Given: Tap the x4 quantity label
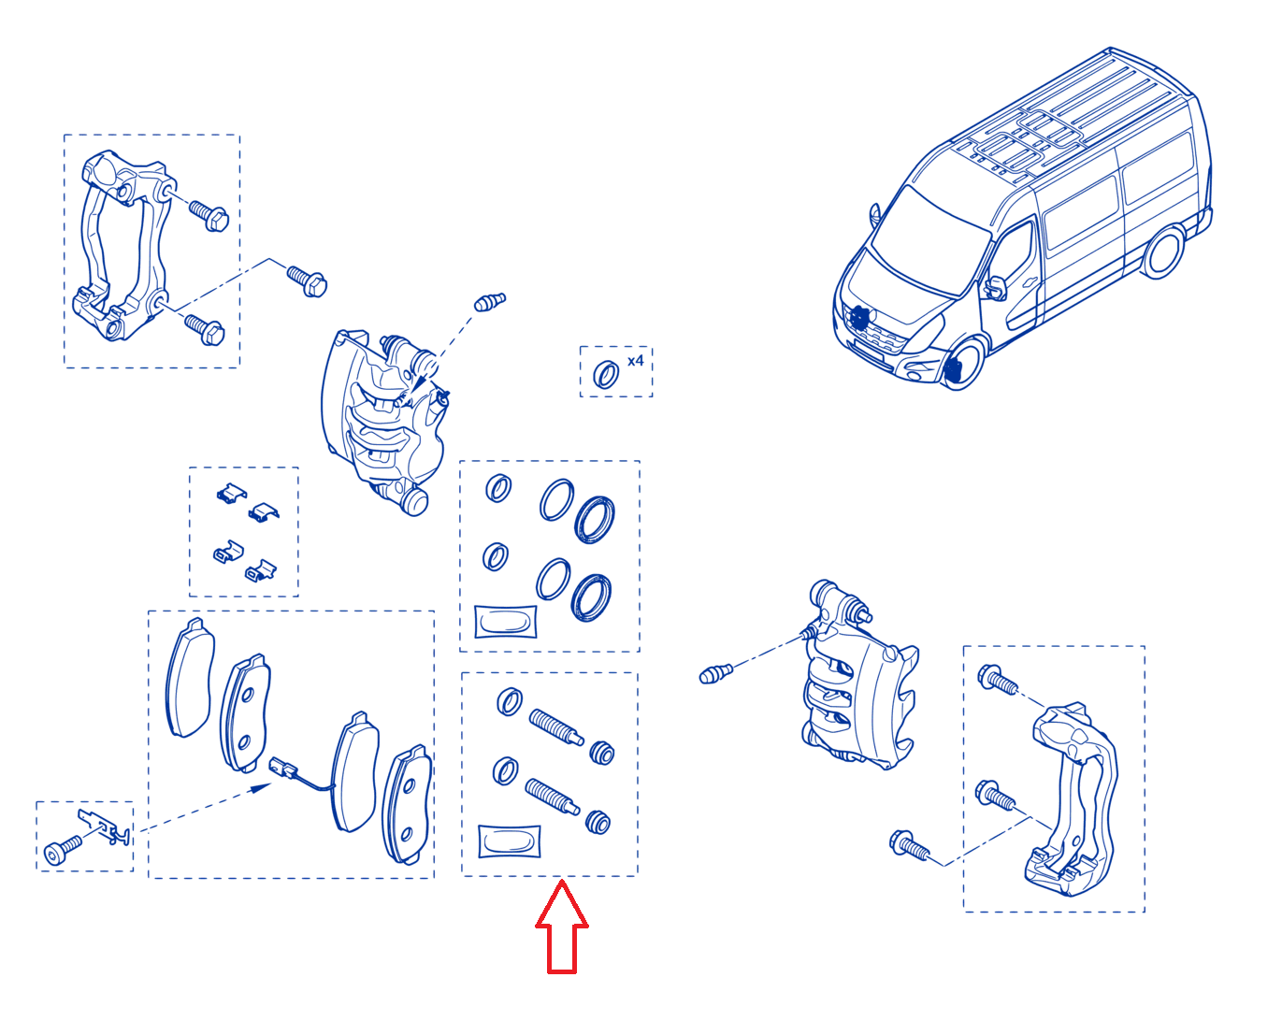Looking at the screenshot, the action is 635,361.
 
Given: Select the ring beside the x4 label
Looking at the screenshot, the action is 606,375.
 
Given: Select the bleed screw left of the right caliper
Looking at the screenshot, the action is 715,674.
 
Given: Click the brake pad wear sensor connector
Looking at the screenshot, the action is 281,768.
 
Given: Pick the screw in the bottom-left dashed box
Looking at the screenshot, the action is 63,849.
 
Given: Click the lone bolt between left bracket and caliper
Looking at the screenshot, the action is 307,281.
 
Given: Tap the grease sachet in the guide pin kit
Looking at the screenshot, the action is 510,841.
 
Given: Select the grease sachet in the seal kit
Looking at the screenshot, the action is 505,622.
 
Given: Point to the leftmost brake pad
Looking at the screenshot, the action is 190,677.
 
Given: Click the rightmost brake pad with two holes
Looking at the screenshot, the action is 408,804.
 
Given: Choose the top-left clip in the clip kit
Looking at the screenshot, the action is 232,493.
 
